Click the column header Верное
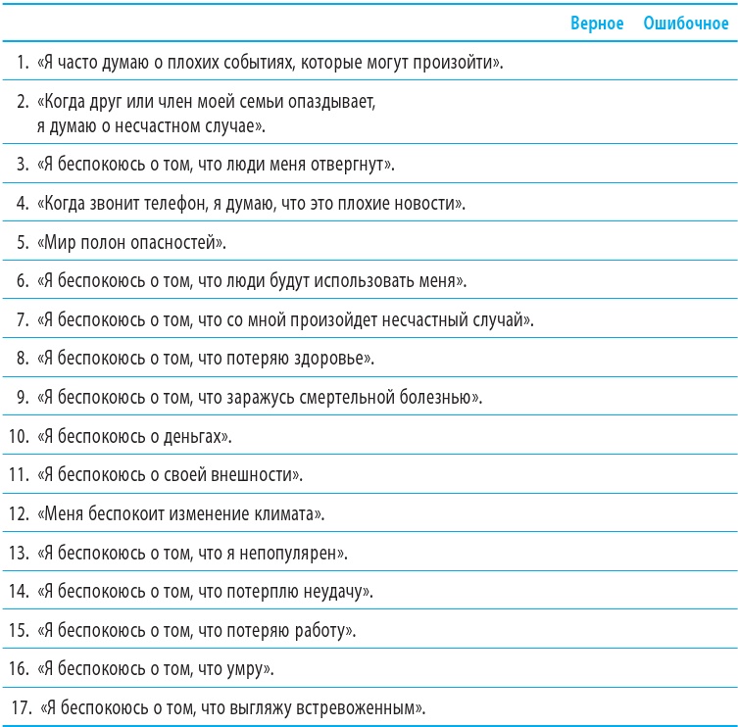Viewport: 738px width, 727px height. point(597,24)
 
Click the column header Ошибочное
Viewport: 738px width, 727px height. point(686,24)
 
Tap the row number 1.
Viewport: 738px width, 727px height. point(22,65)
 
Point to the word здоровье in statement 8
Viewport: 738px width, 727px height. point(334,359)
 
